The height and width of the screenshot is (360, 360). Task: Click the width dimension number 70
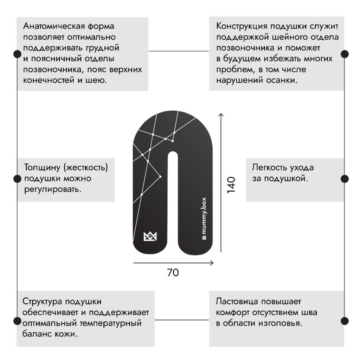tap(173, 272)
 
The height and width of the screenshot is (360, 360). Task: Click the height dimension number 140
tap(231, 184)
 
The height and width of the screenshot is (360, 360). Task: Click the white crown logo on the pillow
tap(150, 237)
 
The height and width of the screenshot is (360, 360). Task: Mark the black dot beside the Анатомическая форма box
tap(17, 54)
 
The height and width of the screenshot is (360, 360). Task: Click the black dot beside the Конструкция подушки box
tap(345, 54)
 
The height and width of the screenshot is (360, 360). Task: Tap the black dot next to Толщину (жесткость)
tap(17, 179)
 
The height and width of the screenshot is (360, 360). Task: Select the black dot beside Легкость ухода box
tap(345, 179)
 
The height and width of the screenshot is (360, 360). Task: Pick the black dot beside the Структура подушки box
tap(17, 321)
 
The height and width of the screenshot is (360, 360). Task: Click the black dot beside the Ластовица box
tap(345, 321)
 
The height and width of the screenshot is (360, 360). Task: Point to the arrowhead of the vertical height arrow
tap(221, 115)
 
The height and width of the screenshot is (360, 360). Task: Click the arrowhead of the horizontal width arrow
tap(212, 263)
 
